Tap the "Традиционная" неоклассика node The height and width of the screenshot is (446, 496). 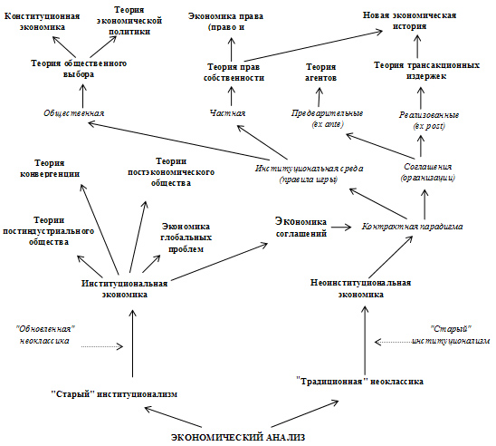[360, 382]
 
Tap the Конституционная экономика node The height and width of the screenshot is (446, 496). [43, 22]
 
